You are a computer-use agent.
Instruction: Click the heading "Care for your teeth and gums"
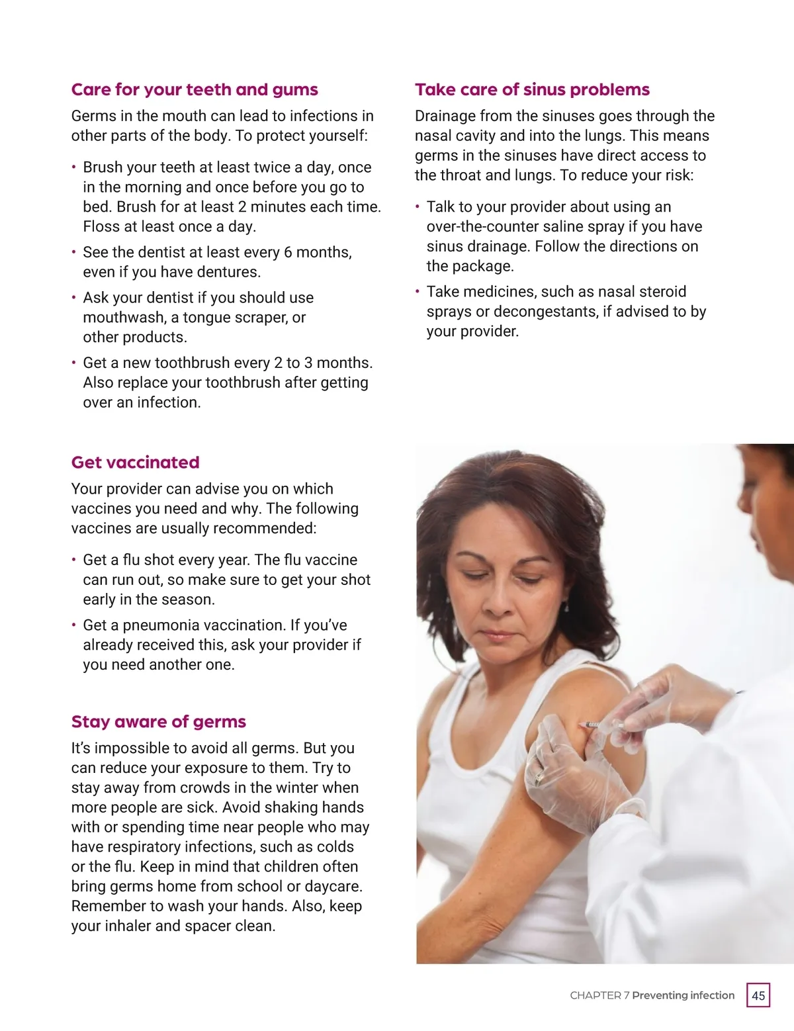point(195,90)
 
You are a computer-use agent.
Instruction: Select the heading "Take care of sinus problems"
point(532,90)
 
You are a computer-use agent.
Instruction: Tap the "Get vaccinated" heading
point(135,463)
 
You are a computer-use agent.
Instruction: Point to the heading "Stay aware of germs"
point(158,722)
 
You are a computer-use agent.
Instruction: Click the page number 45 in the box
point(758,995)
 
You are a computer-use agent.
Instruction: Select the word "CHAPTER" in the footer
point(595,995)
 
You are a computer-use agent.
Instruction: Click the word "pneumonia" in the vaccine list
point(161,626)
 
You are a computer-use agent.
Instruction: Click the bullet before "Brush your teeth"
point(74,167)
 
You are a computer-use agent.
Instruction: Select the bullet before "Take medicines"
point(418,291)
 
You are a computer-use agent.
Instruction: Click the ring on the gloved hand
point(538,778)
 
